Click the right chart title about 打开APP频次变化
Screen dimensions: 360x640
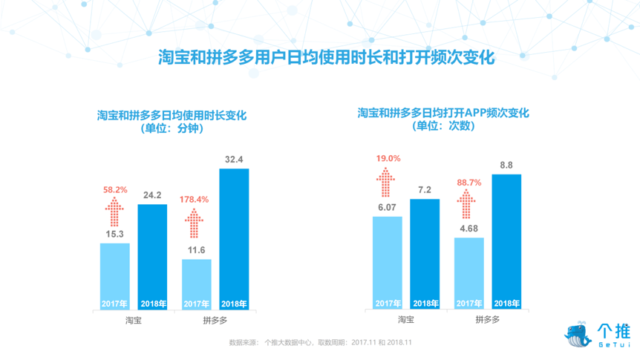[x=443, y=113]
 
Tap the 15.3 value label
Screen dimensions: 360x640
[x=114, y=235]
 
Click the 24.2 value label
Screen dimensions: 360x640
[x=152, y=196]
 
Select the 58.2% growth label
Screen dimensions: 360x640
[x=114, y=190]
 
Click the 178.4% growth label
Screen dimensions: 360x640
[x=196, y=199]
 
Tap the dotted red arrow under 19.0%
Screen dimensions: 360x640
[x=387, y=183]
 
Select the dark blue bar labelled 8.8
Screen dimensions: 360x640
[x=506, y=241]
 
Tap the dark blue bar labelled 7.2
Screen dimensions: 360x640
[x=425, y=253]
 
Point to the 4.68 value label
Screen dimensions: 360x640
[x=468, y=229]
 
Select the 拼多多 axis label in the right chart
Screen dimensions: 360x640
[x=487, y=320]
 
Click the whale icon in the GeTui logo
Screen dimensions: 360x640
[x=578, y=334]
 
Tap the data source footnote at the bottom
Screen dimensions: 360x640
[x=321, y=343]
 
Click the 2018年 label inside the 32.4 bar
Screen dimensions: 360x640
[x=234, y=304]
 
